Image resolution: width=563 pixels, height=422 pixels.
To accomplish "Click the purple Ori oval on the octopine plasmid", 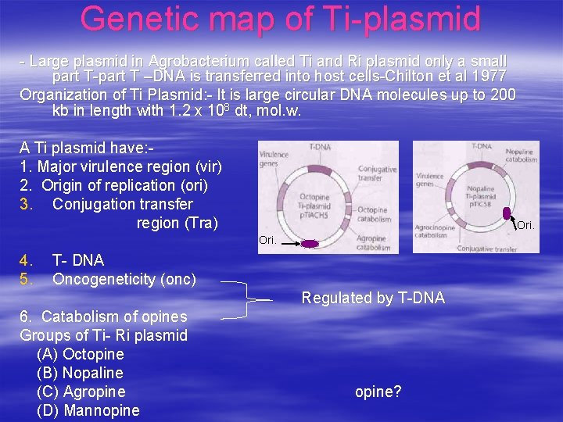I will (x=310, y=244).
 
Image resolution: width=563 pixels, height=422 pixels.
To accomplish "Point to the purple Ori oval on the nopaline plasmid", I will (x=507, y=213).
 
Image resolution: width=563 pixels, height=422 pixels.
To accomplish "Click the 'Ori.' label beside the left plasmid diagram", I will (x=267, y=241).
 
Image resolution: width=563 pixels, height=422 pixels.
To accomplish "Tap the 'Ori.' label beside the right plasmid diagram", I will (x=525, y=225).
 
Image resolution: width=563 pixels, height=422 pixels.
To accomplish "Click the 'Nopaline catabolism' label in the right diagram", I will (x=521, y=155).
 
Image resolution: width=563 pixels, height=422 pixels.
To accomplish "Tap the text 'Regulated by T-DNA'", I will (x=373, y=298).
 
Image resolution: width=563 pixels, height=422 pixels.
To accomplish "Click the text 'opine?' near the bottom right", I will (x=378, y=392).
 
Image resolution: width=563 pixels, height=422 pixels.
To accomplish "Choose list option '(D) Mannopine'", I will (x=88, y=410).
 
